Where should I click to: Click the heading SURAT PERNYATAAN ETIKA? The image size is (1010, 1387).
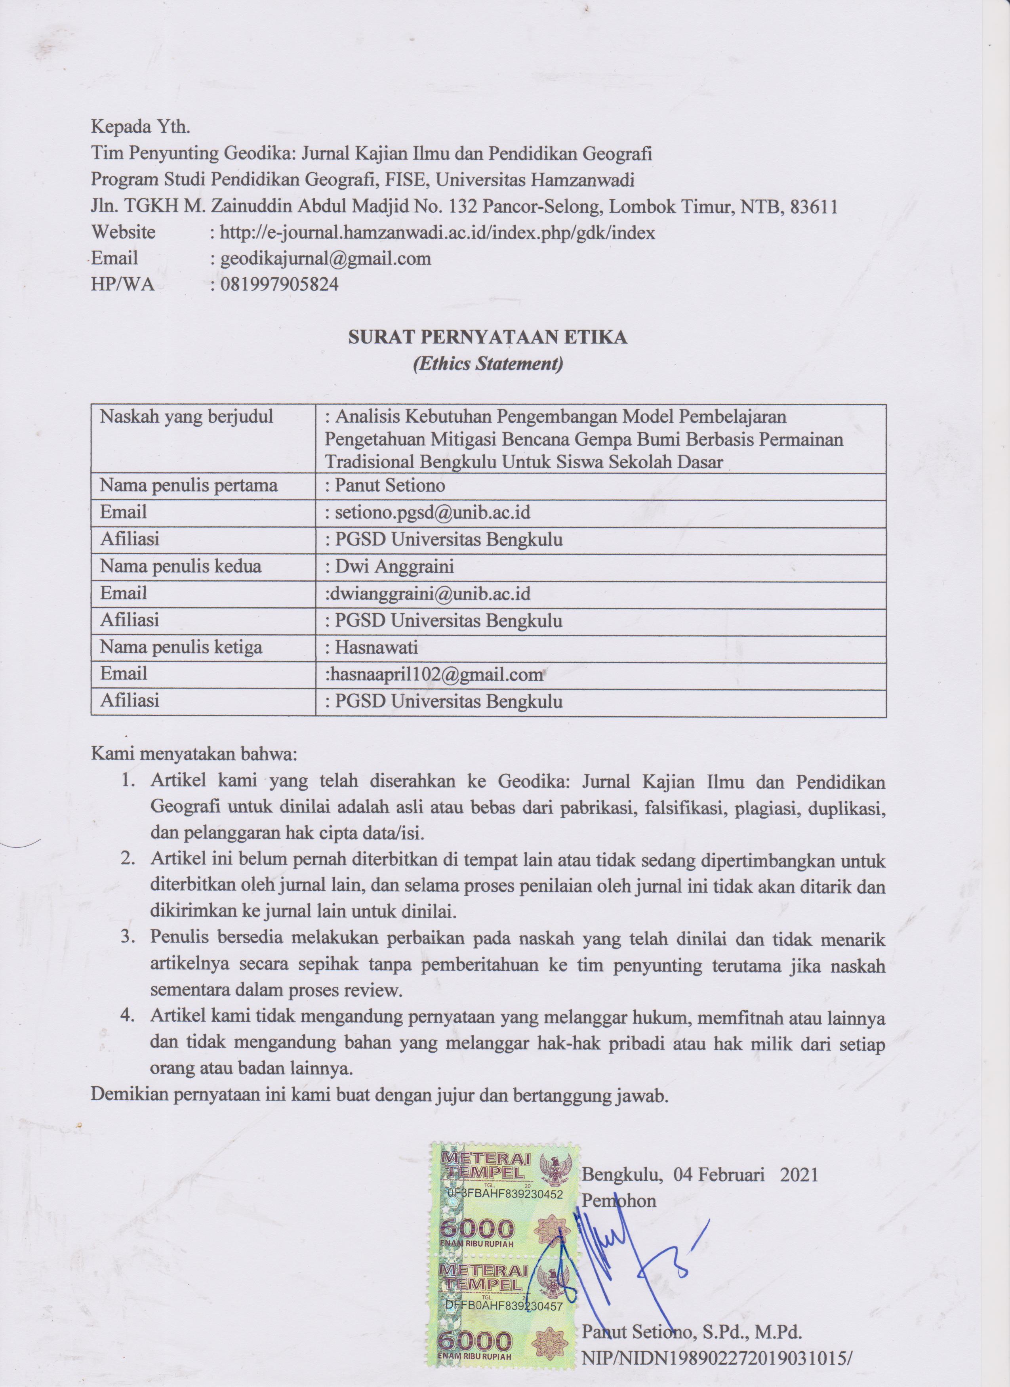pyautogui.click(x=487, y=337)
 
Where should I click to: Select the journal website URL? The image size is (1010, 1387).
pyautogui.click(x=437, y=233)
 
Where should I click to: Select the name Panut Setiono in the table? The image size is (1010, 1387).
pyautogui.click(x=389, y=486)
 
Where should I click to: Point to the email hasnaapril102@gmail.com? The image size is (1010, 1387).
pyautogui.click(x=434, y=674)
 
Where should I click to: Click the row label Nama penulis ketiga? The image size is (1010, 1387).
pyautogui.click(x=181, y=647)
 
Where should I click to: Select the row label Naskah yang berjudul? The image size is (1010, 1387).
pyautogui.click(x=187, y=417)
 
